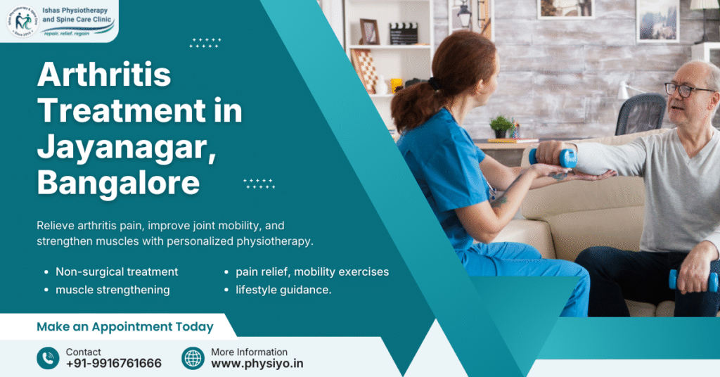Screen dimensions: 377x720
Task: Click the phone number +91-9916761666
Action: coord(114,364)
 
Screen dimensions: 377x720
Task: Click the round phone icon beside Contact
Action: coord(48,358)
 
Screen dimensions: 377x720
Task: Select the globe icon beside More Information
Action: coord(193,358)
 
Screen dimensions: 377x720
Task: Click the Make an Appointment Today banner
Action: coord(124,326)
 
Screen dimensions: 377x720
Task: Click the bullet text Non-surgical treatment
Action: coord(117,271)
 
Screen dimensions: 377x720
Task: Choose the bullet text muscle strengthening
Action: coord(112,290)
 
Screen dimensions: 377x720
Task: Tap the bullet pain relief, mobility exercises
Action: coord(311,271)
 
